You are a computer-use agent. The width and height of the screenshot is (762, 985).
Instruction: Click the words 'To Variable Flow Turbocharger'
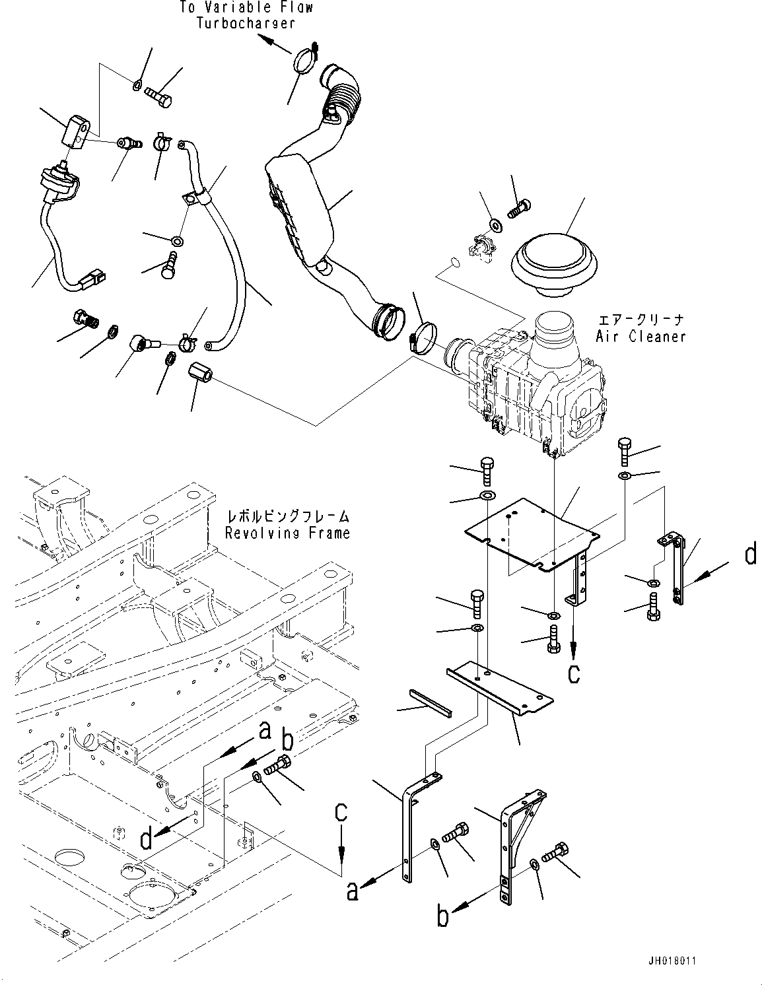point(246,15)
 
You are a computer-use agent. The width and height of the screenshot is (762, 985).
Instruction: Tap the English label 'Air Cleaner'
point(641,337)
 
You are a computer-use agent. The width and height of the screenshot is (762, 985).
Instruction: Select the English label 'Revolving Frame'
point(287,533)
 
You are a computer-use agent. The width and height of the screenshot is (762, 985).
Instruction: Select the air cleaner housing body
point(535,390)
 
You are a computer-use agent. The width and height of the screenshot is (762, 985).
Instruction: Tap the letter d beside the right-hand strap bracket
point(751,555)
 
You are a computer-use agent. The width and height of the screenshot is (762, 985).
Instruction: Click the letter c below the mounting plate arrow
point(574,673)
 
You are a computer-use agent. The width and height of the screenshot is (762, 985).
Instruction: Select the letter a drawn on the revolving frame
point(265,731)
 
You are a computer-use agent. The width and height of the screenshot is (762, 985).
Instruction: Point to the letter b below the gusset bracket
point(444,916)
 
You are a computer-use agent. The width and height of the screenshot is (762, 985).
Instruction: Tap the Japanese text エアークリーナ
point(641,320)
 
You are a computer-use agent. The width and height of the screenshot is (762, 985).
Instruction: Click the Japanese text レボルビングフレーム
point(287,516)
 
